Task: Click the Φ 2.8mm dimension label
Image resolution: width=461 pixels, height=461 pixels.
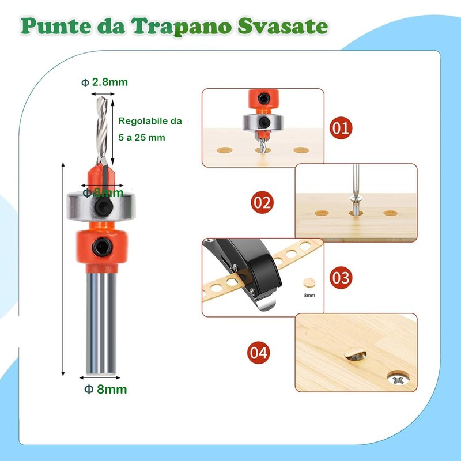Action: pos(105,82)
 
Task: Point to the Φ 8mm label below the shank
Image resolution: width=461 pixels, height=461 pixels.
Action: pos(105,389)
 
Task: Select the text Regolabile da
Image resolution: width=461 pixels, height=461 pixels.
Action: pos(150,122)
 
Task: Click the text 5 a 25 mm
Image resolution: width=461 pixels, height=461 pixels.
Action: pos(142,138)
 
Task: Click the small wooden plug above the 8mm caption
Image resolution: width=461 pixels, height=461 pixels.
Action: pos(309,283)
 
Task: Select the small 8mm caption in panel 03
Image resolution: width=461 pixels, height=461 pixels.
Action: pos(310,295)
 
